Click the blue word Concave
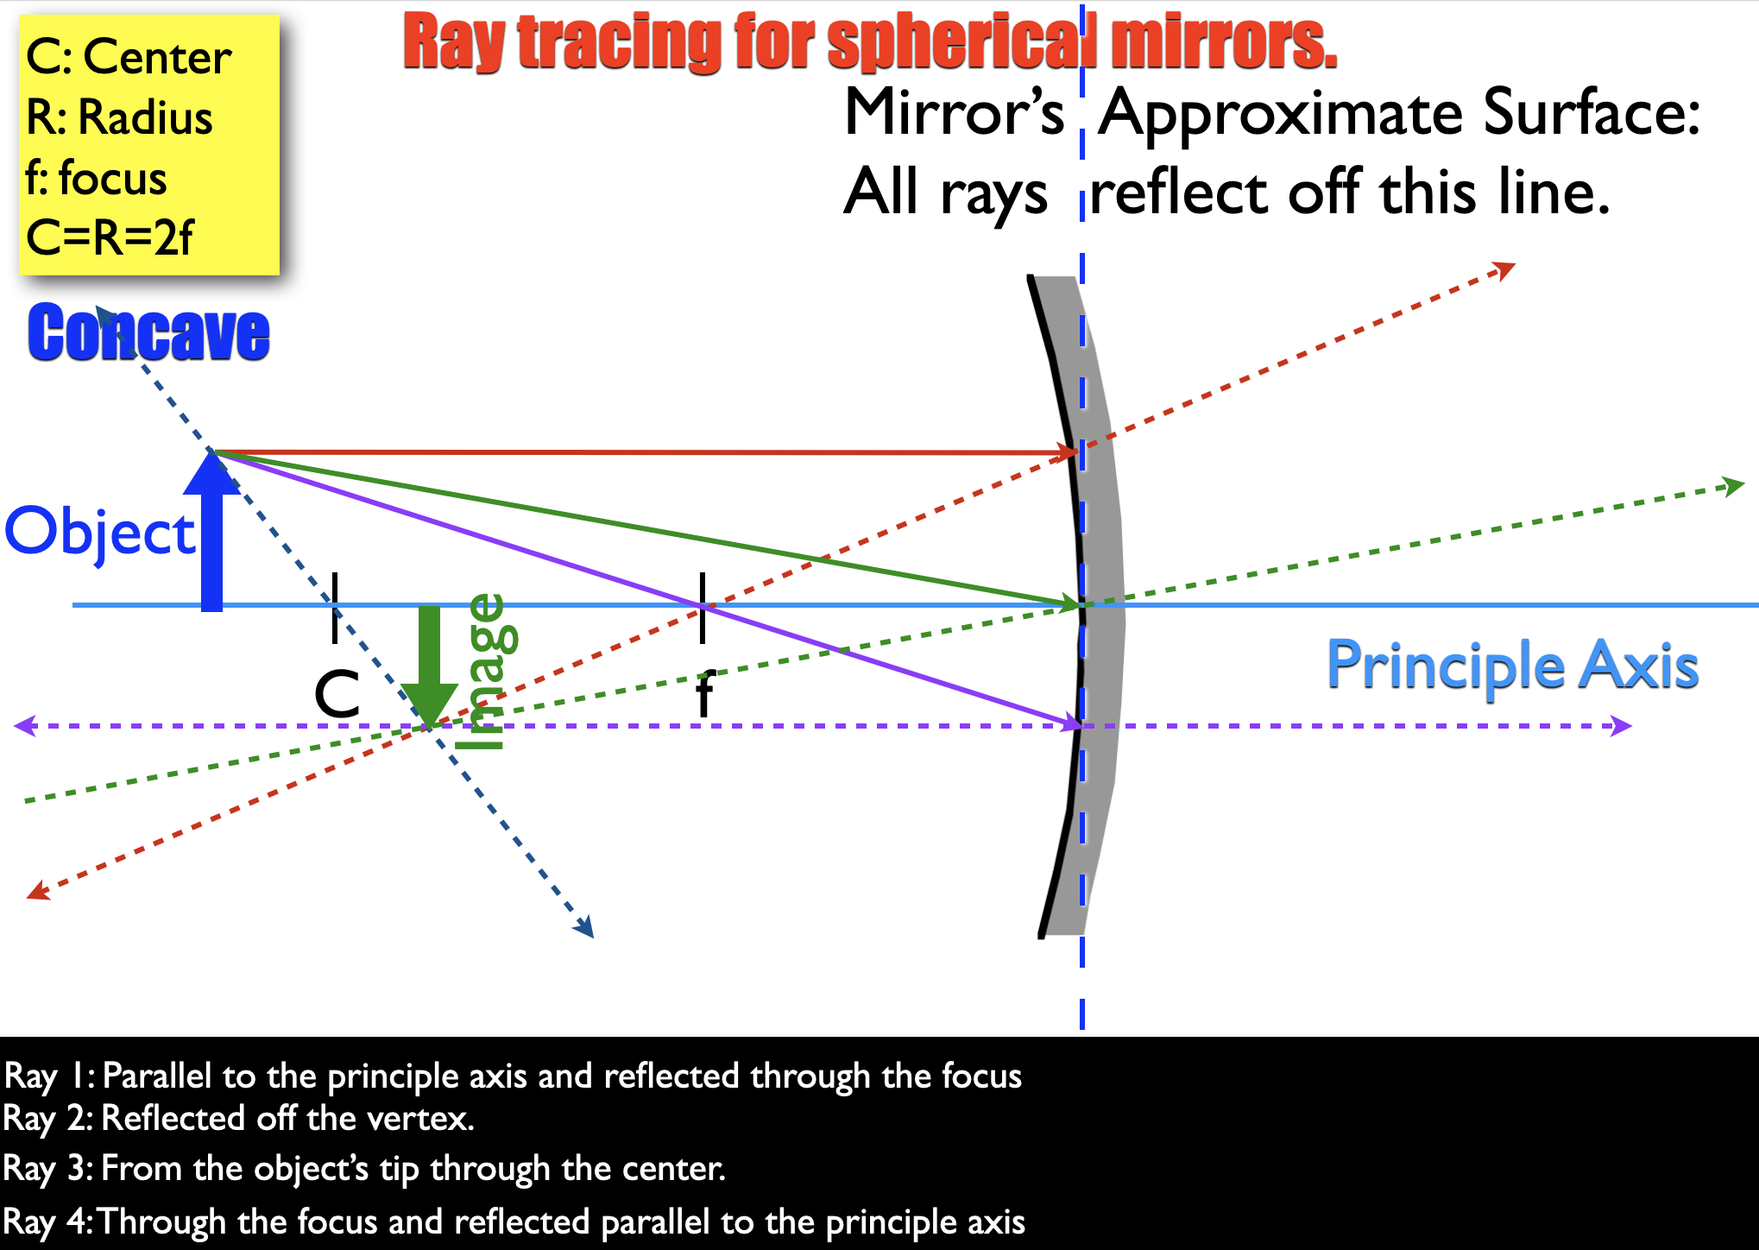(148, 333)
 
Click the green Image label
(485, 671)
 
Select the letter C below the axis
(337, 694)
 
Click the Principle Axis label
(1512, 666)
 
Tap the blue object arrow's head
(211, 473)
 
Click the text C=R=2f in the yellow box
(110, 237)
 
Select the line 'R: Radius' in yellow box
(119, 117)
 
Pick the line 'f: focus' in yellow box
(96, 179)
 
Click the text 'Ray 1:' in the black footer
(50, 1076)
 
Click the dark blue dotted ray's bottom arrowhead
(584, 927)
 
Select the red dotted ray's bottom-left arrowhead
(38, 890)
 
